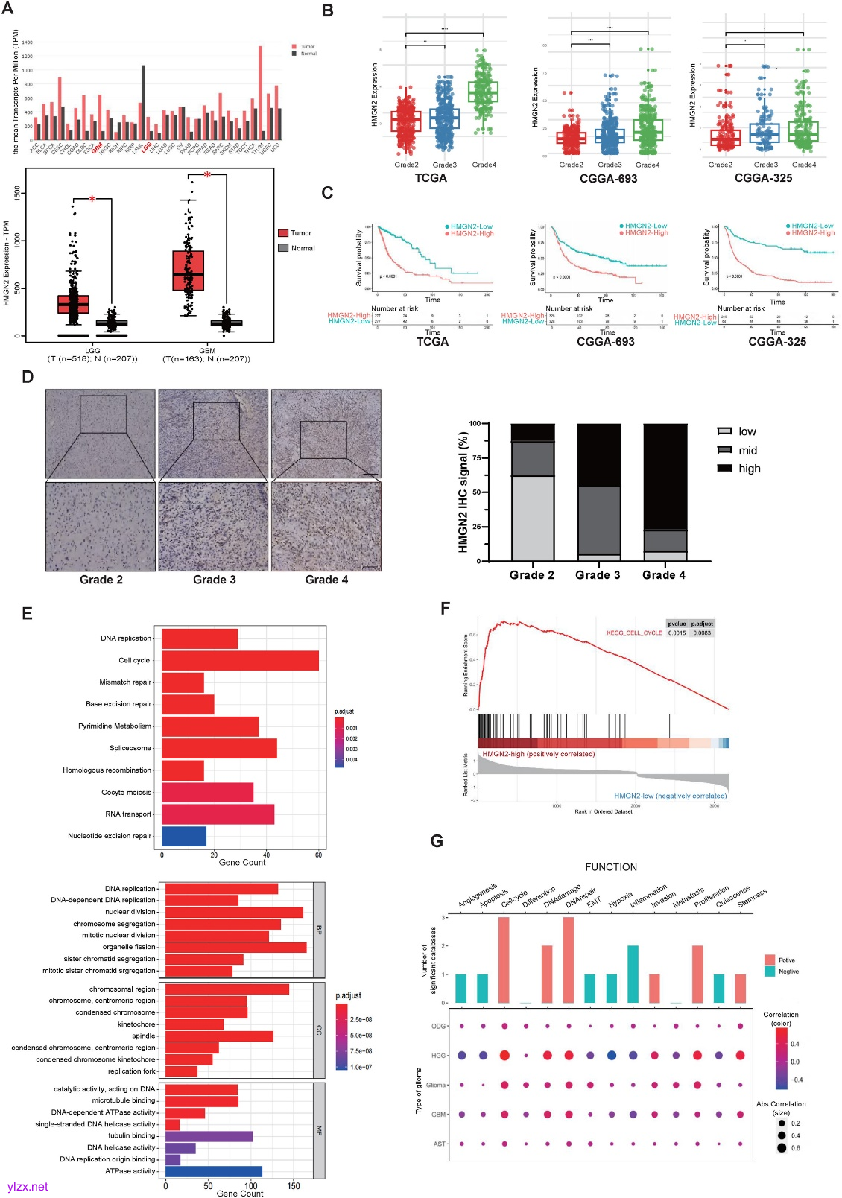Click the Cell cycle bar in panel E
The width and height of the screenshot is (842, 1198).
pyautogui.click(x=240, y=660)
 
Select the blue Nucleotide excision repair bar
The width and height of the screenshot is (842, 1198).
pyautogui.click(x=184, y=836)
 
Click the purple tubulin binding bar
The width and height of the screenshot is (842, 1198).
pyautogui.click(x=209, y=1136)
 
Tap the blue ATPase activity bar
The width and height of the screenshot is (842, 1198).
pyautogui.click(x=214, y=1171)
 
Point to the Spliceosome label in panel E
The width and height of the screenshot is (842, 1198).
pyautogui.click(x=130, y=748)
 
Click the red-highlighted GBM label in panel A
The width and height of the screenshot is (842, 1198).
pyautogui.click(x=98, y=147)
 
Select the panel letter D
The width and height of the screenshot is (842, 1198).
pyautogui.click(x=28, y=377)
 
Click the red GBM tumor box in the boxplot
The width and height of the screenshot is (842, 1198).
pyautogui.click(x=188, y=270)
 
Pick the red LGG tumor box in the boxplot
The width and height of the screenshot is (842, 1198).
pyautogui.click(x=73, y=304)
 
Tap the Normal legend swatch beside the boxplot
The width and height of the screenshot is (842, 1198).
pyautogui.click(x=283, y=248)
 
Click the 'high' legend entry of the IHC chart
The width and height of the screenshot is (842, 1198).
pyautogui.click(x=749, y=469)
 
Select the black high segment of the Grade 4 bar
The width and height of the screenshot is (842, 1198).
pyautogui.click(x=665, y=477)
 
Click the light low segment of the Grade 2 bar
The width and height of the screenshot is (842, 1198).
pyautogui.click(x=533, y=518)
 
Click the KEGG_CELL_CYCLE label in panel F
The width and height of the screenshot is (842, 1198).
pyautogui.click(x=634, y=633)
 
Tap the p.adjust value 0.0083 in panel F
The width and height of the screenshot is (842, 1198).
pyautogui.click(x=702, y=633)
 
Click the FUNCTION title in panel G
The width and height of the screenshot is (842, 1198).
pyautogui.click(x=611, y=867)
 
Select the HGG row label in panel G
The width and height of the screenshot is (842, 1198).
pyautogui.click(x=438, y=1056)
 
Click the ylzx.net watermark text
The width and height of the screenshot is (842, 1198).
pyautogui.click(x=28, y=1187)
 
